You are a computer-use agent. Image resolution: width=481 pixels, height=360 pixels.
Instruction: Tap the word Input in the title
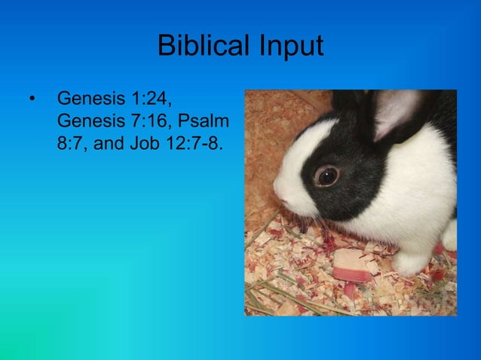(x=290, y=47)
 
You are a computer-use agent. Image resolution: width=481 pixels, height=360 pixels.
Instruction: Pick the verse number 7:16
(x=152, y=121)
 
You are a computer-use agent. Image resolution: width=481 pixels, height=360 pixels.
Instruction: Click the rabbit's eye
(x=326, y=176)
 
